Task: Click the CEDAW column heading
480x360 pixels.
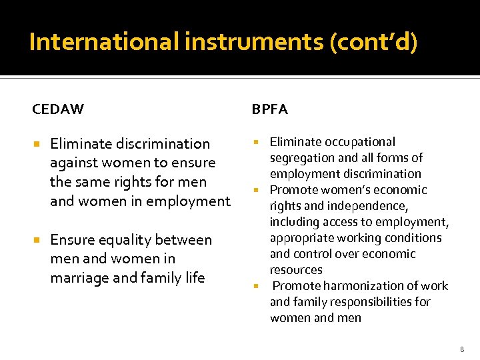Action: tap(58, 109)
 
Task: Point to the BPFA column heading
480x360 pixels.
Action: tap(270, 109)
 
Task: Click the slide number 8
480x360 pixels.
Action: tap(461, 348)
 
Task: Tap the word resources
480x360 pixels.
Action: tap(296, 270)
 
